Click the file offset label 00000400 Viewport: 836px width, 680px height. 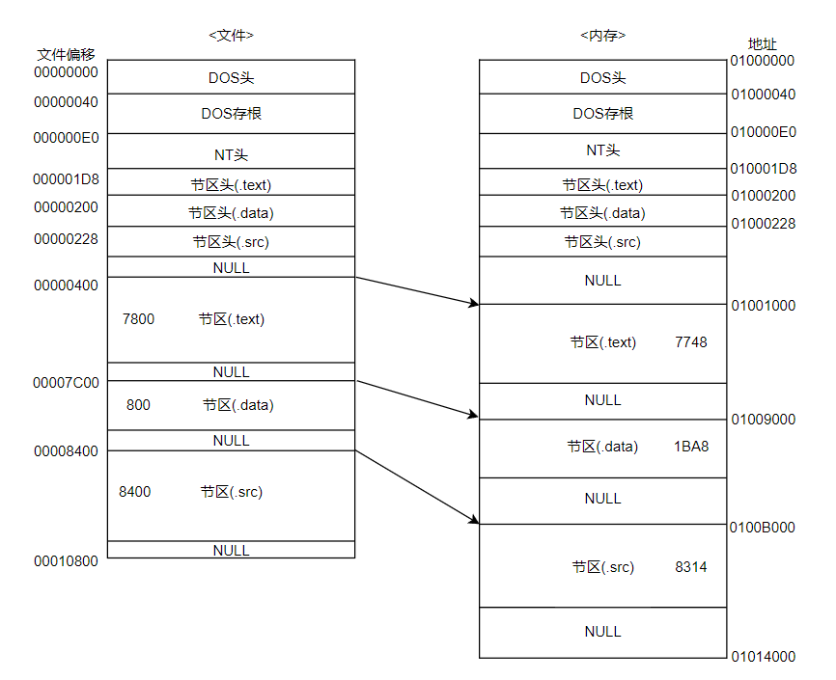point(66,286)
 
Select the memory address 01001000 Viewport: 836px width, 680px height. point(763,306)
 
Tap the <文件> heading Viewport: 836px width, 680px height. point(231,36)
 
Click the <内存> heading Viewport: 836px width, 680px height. point(602,36)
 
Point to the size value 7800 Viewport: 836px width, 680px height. point(138,319)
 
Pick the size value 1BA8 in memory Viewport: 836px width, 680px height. point(691,447)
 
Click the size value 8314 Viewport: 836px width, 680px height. point(690,567)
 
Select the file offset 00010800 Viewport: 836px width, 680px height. point(66,561)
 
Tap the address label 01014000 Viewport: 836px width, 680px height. point(763,657)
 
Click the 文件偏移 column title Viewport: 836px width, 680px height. point(66,54)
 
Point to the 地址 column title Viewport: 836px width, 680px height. point(763,44)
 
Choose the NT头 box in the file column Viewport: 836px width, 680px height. point(231,154)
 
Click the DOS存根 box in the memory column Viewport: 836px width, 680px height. point(602,114)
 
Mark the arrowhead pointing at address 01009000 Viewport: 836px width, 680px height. point(473,416)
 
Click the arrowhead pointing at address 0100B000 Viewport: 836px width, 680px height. point(473,520)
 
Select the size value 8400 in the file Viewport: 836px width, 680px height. point(134,492)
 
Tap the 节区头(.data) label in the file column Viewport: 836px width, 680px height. point(231,213)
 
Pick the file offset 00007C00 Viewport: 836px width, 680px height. point(66,383)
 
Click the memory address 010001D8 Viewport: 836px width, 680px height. point(763,169)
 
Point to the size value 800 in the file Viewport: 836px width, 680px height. point(138,405)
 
